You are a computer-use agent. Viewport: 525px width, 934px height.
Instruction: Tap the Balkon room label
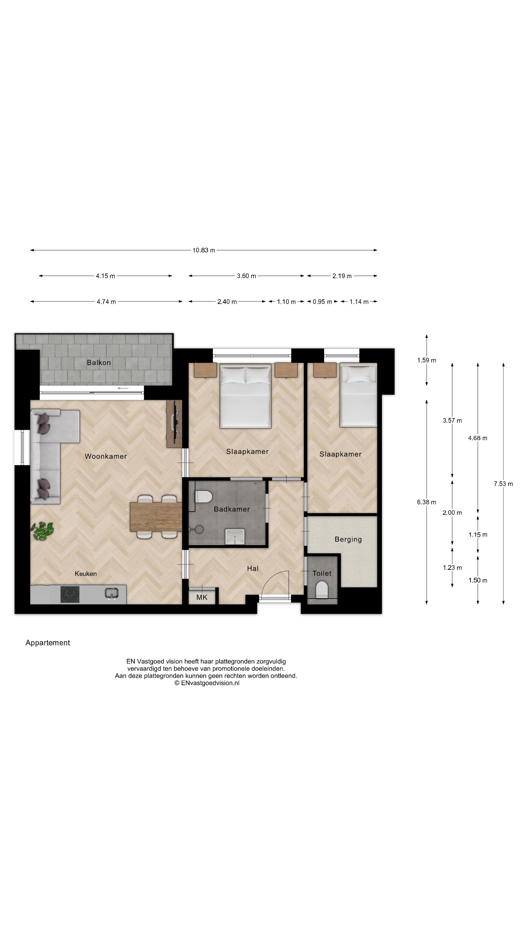click(x=98, y=363)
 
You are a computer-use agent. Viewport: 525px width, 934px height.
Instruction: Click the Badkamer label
click(x=232, y=509)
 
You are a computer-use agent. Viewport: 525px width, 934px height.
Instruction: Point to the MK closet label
click(x=201, y=597)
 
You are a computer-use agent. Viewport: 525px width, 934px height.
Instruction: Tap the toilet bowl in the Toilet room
click(x=322, y=589)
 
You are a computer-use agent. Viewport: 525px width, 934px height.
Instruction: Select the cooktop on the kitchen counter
click(x=70, y=594)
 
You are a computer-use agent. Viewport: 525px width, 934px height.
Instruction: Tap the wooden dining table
click(x=156, y=517)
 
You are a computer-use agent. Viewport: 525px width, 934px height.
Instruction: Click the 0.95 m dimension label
click(x=322, y=302)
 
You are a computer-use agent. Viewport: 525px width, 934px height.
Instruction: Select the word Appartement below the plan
click(x=47, y=643)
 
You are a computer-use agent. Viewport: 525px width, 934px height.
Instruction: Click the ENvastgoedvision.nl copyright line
click(x=207, y=683)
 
